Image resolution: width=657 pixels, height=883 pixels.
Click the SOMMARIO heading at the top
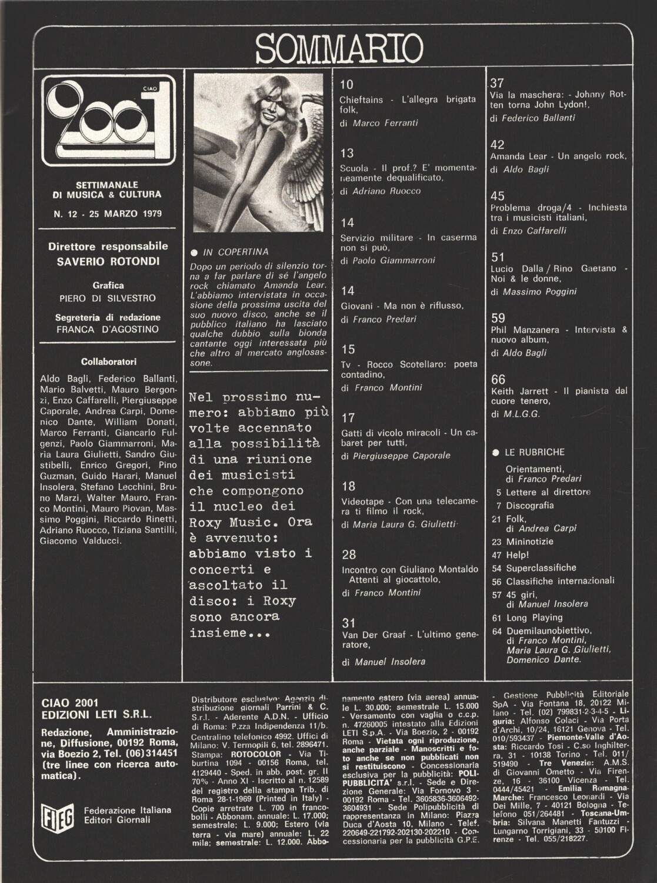[340, 48]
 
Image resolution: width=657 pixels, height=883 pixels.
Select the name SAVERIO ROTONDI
[108, 261]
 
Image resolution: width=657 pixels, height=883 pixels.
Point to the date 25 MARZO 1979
[125, 214]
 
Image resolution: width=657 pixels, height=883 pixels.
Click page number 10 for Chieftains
[346, 85]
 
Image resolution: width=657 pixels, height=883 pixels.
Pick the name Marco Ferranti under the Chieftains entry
[385, 123]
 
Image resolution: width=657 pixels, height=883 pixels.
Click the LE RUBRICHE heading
[534, 452]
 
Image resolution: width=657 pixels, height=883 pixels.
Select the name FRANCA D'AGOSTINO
[108, 330]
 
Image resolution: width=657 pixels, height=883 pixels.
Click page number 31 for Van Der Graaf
[348, 622]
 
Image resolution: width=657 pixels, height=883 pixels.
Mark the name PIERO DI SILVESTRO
[108, 298]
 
